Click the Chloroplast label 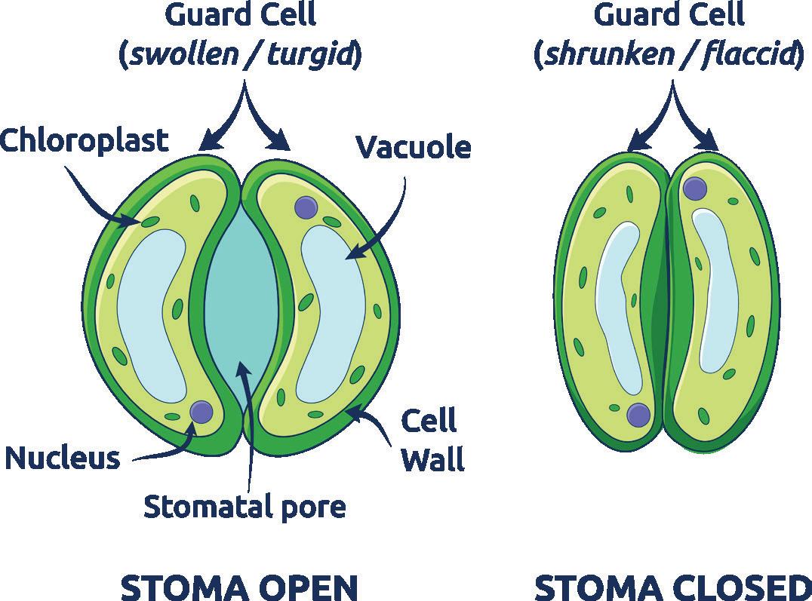(x=84, y=140)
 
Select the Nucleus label (x=62, y=457)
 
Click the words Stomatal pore (x=245, y=506)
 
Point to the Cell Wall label (x=432, y=440)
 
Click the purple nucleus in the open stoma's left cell (x=201, y=412)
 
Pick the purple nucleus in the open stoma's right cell (x=306, y=206)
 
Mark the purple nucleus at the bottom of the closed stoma (x=638, y=415)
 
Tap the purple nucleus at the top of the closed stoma (x=694, y=189)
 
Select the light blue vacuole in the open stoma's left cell (x=151, y=309)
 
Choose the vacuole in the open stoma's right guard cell (x=332, y=302)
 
